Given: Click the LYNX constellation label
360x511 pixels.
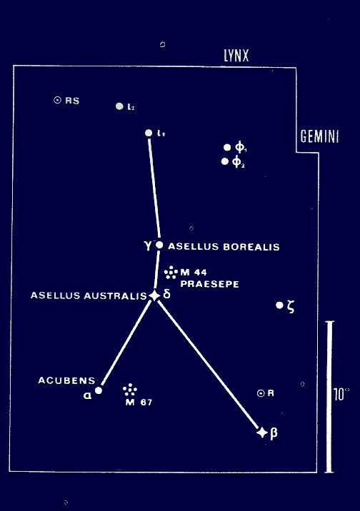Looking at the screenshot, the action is [236, 56].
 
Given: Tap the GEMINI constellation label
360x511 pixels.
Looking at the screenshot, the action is [319, 136].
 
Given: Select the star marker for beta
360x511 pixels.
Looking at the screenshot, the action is [262, 432].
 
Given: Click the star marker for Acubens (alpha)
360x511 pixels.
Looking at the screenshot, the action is [99, 390].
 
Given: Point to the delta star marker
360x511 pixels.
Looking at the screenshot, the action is [154, 295].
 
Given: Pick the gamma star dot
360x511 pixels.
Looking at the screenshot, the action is [159, 245].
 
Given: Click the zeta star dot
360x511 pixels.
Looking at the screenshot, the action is [279, 305].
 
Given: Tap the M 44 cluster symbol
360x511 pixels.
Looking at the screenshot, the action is [171, 273].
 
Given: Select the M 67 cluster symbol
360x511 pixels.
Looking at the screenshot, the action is [130, 390].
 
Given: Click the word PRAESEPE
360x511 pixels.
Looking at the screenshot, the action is [210, 284].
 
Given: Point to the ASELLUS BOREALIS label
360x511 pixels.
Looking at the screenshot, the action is [224, 247].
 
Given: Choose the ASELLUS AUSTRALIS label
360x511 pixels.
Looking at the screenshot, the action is [89, 295].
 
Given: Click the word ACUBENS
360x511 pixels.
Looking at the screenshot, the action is [67, 380].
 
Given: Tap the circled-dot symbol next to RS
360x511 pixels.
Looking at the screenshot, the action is [57, 100].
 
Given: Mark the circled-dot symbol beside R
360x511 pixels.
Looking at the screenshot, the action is [261, 393].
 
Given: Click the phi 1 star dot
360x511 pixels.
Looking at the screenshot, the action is [227, 148].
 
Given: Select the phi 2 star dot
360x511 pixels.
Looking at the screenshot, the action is [225, 161].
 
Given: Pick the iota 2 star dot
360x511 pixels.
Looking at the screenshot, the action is [120, 106].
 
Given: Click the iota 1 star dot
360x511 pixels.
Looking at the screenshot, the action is [149, 133].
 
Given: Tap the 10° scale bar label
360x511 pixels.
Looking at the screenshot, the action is [341, 395].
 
